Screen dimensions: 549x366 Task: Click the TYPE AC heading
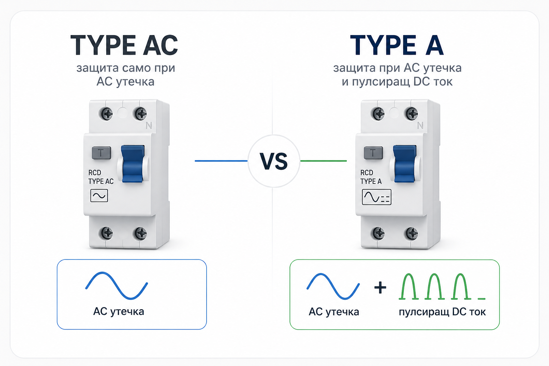[124, 45]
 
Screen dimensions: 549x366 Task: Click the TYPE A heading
[397, 45]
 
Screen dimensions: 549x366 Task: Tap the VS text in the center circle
[274, 161]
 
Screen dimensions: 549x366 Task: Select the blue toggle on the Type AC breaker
[133, 164]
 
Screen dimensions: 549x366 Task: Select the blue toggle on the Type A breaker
[405, 164]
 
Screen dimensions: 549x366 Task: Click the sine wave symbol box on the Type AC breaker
[99, 196]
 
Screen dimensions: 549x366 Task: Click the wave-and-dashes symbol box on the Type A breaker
[376, 197]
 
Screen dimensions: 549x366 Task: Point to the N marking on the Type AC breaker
[149, 125]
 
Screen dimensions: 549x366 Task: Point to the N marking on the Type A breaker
[420, 125]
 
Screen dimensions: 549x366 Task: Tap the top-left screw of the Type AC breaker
[106, 114]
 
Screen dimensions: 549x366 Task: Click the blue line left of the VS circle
[221, 161]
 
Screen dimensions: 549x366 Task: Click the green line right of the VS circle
[323, 161]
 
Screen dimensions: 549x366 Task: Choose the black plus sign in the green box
[380, 287]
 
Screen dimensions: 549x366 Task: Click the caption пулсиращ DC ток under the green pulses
[442, 312]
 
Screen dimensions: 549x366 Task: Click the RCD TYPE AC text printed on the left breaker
[101, 177]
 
